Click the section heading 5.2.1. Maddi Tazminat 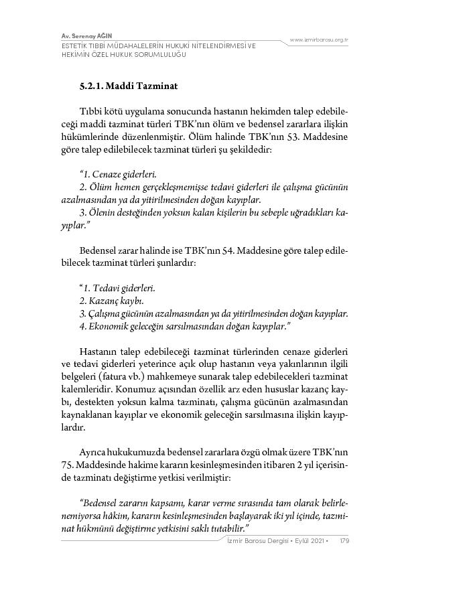coord(128,86)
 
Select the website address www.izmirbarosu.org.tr coord(319,40)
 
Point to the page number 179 coord(344,540)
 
